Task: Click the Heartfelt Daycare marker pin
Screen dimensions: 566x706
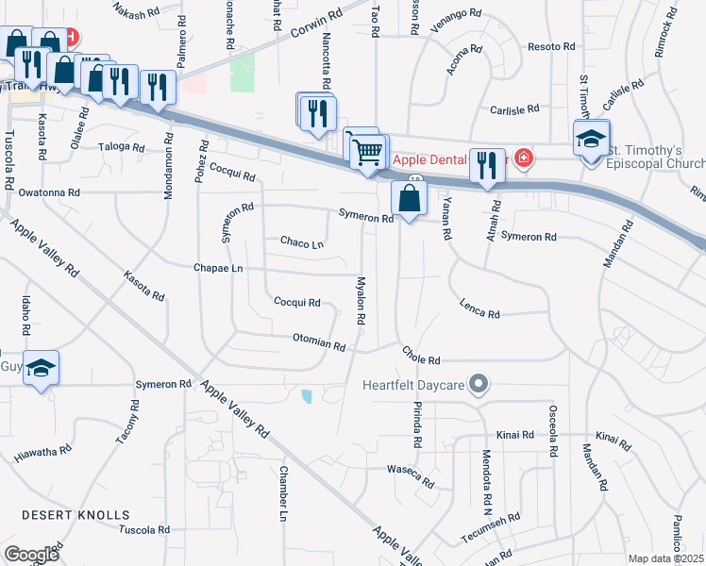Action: [479, 384]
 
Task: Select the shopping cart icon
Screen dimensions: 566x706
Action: [368, 150]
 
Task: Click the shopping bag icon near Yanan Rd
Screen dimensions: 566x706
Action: [409, 200]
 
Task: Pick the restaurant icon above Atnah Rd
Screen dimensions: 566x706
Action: [487, 165]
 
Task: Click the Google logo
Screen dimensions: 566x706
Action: [30, 555]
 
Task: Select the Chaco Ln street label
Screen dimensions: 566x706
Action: [302, 242]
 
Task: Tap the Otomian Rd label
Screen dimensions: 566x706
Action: [319, 341]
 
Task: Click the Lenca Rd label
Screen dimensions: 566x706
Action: [479, 308]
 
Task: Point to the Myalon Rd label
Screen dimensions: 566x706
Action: [360, 301]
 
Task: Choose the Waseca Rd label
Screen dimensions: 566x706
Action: [411, 476]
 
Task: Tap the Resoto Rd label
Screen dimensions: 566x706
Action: [552, 46]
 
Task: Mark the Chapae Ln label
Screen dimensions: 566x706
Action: [218, 268]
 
